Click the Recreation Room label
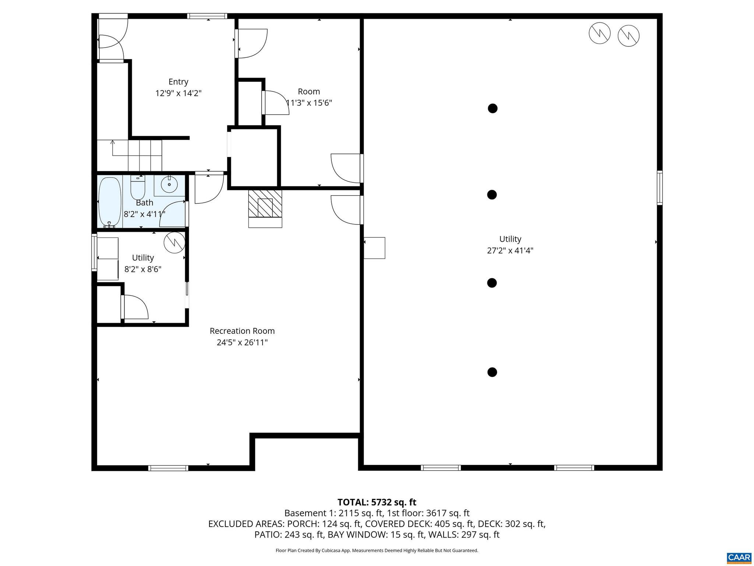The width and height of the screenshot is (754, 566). tap(242, 331)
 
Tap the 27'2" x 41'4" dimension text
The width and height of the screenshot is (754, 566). tap(510, 251)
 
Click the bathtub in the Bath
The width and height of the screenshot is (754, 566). tap(110, 202)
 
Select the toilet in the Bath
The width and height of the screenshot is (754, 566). tap(138, 188)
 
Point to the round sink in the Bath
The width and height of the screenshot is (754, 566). tap(169, 184)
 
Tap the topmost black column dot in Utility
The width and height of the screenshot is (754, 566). tap(493, 108)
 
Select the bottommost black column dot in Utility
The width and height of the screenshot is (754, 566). tap(492, 372)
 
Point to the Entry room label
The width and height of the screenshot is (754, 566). tap(178, 82)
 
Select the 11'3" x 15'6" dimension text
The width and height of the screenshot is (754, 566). tap(309, 103)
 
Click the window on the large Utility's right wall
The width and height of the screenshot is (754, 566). tap(659, 188)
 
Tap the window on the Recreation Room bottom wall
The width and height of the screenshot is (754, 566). tap(168, 468)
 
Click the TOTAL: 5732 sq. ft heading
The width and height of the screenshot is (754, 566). tap(377, 502)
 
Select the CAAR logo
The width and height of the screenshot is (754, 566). tap(739, 558)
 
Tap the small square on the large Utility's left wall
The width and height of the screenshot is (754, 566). tap(374, 248)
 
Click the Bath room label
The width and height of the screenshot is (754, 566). tap(144, 203)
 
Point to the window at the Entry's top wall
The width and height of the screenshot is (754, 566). tap(207, 16)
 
